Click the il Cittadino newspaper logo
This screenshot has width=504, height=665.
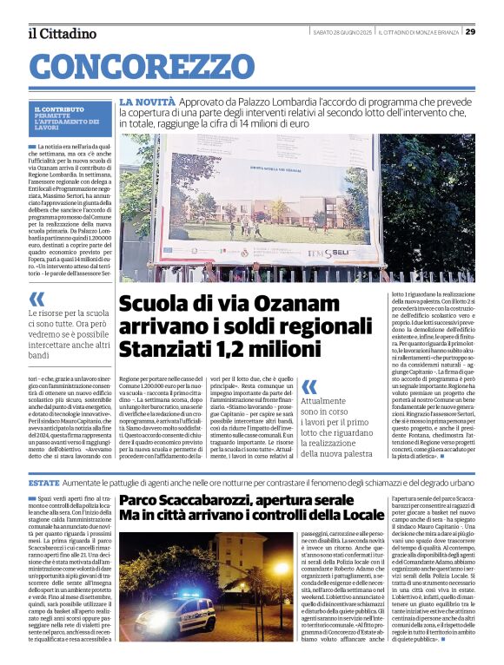click(x=61, y=33)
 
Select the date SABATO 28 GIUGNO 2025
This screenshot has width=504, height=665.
click(x=342, y=32)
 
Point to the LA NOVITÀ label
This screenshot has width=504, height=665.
click(x=147, y=102)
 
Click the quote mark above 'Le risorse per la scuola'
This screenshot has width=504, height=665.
click(x=37, y=300)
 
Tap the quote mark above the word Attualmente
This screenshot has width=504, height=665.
click(x=308, y=388)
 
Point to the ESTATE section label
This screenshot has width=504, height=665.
click(x=43, y=482)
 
